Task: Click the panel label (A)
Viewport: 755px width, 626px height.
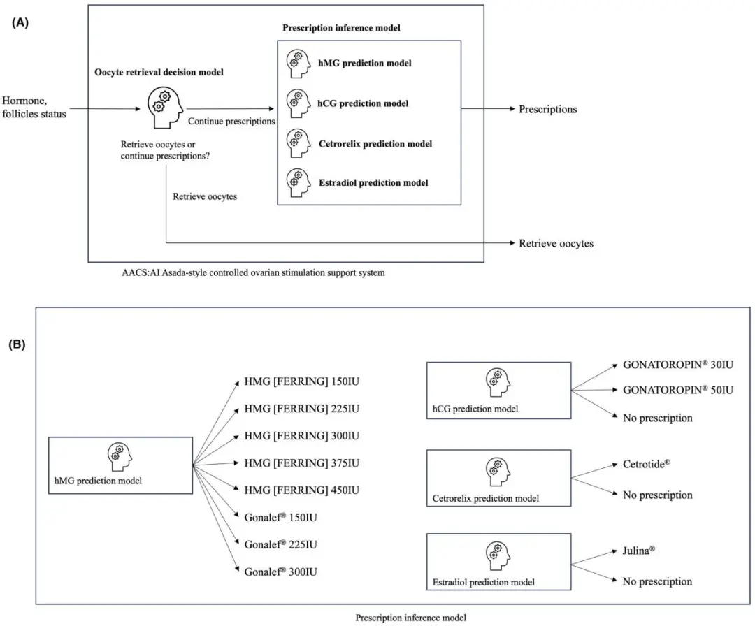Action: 20,22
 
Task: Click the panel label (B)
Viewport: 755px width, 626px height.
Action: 17,344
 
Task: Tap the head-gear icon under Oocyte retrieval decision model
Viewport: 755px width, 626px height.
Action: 165,108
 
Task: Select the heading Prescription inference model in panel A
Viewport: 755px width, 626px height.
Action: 341,28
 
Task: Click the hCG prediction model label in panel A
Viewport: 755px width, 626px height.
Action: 363,103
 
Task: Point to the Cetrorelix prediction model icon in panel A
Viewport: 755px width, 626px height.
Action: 299,143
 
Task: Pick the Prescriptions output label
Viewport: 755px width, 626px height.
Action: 547,109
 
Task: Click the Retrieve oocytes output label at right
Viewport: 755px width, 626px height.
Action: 556,243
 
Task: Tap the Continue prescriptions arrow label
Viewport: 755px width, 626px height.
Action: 231,122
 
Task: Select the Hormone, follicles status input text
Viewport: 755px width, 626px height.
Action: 34,108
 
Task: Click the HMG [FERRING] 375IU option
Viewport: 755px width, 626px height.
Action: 302,463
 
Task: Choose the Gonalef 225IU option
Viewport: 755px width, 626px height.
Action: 281,544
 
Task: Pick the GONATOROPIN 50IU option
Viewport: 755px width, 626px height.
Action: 678,390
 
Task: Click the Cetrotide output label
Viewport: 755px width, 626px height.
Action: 646,464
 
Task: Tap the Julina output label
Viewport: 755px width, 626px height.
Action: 638,551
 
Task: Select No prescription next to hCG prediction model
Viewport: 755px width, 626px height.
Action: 658,418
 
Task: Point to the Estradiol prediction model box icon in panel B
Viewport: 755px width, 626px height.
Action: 498,556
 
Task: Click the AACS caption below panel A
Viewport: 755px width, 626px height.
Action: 253,272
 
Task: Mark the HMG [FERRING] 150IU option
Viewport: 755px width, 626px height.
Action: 302,381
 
